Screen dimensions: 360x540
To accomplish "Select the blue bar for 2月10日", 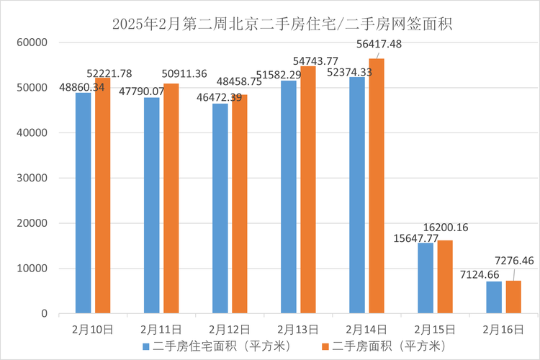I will pyautogui.click(x=83, y=203).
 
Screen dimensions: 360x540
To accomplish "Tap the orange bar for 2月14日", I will pyautogui.click(x=377, y=186).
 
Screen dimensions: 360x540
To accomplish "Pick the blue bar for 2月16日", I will pyautogui.click(x=494, y=297).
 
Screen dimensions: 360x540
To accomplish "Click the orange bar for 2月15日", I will pyautogui.click(x=445, y=276).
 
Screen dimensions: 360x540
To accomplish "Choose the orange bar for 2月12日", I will pyautogui.click(x=240, y=204).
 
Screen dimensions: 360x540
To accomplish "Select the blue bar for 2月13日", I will pyautogui.click(x=288, y=197).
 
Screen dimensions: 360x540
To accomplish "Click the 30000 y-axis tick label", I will pyautogui.click(x=32, y=178).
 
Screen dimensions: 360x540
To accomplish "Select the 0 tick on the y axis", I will pyautogui.click(x=44, y=314).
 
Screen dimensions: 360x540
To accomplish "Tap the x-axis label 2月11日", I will pyautogui.click(x=161, y=330).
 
